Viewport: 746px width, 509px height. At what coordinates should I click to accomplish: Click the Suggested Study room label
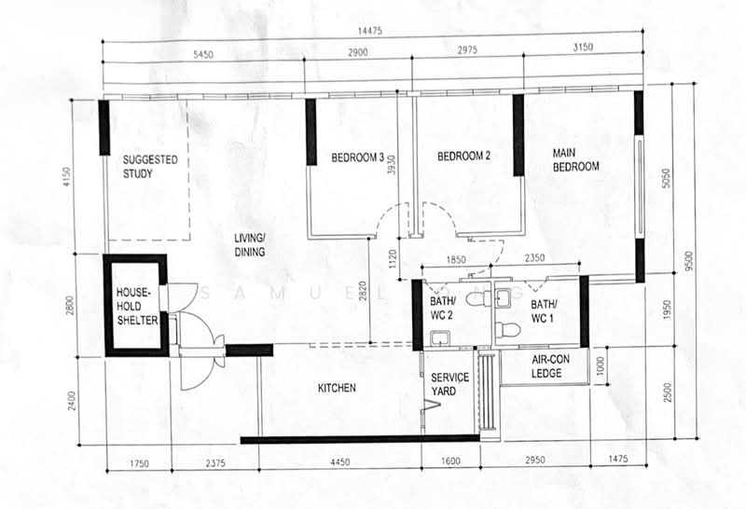(x=150, y=167)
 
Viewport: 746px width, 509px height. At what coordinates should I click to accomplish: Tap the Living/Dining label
(x=249, y=245)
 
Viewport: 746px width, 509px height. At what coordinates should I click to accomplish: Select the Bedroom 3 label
(x=357, y=157)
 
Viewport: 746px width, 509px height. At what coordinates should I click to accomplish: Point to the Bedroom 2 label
(x=463, y=156)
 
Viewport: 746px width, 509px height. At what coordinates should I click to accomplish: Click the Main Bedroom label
(x=575, y=159)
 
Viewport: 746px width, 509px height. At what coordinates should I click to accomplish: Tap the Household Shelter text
(x=137, y=306)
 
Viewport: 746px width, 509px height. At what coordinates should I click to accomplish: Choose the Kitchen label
(x=337, y=388)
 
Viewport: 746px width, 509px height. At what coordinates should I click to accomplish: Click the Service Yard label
(x=449, y=384)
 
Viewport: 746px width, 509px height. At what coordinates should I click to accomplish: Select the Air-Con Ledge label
(x=550, y=366)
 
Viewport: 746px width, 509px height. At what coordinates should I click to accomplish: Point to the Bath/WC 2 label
(x=441, y=308)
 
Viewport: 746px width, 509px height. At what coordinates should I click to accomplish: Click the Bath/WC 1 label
(x=543, y=311)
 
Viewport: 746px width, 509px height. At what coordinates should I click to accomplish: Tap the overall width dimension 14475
(x=369, y=32)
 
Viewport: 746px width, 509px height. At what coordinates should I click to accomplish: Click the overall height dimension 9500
(x=689, y=260)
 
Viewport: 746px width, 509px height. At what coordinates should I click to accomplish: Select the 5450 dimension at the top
(x=203, y=55)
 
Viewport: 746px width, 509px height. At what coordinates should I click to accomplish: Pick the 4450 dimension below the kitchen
(x=340, y=461)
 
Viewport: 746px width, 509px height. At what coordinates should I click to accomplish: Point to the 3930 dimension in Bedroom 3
(x=392, y=165)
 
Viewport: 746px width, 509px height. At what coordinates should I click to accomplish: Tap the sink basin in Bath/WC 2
(x=438, y=338)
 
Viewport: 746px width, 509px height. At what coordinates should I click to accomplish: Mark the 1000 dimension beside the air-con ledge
(x=601, y=366)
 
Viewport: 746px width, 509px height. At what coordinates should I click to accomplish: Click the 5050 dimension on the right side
(x=666, y=178)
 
